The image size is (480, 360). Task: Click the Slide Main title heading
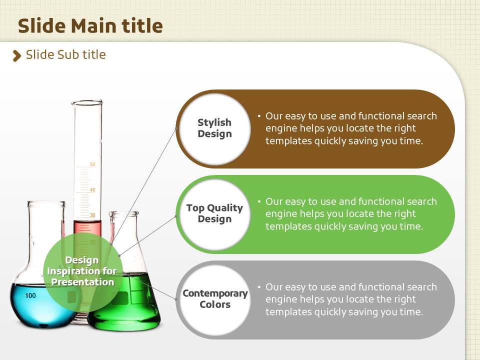(x=90, y=25)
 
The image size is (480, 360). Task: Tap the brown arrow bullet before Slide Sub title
(x=17, y=55)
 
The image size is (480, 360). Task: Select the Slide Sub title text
(x=66, y=54)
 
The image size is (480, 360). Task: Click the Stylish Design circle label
(x=214, y=128)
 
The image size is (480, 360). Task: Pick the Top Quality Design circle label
(x=214, y=213)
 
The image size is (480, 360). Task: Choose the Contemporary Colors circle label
(x=215, y=299)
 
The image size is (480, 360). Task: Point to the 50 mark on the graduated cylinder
(x=92, y=164)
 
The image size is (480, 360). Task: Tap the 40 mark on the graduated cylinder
(x=92, y=190)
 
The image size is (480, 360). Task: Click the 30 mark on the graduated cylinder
(x=92, y=215)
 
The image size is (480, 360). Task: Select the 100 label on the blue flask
(x=30, y=295)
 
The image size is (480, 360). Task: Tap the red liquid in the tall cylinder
(x=87, y=228)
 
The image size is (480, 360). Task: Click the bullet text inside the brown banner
(x=347, y=128)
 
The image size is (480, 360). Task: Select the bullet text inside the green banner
(x=347, y=213)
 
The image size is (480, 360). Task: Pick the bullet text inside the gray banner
(x=347, y=299)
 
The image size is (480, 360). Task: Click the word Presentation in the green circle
(x=82, y=282)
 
